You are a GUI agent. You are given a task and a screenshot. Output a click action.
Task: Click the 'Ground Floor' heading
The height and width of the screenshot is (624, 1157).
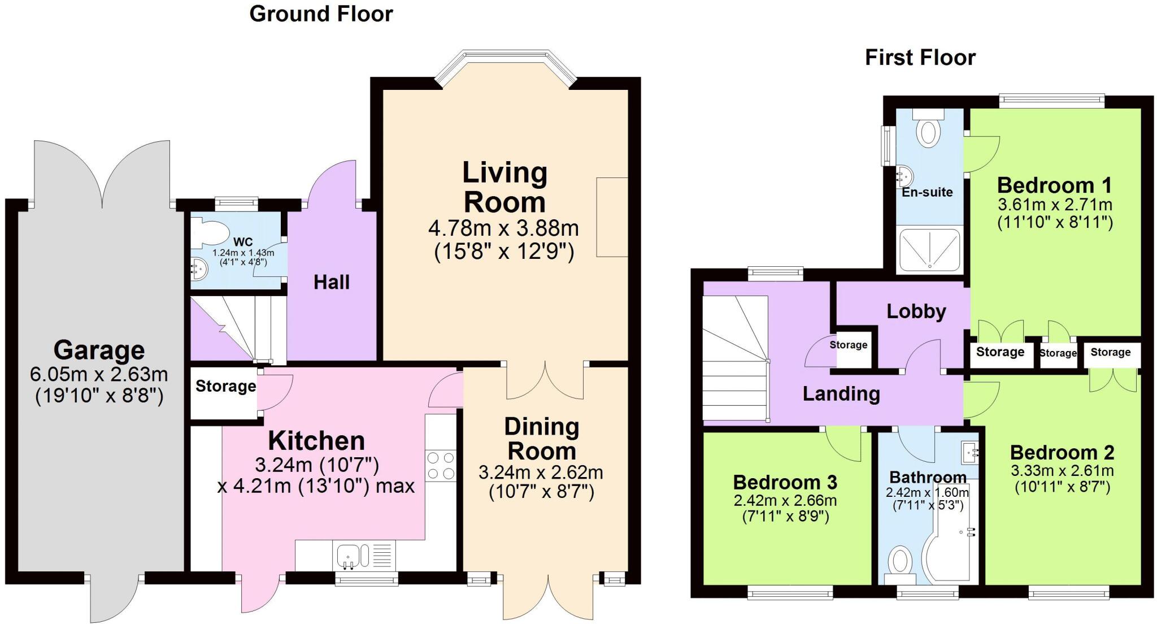[321, 14]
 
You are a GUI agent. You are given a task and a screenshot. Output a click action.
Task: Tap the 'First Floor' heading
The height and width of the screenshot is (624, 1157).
[920, 58]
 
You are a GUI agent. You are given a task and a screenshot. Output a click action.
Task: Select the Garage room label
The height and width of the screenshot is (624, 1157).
[99, 350]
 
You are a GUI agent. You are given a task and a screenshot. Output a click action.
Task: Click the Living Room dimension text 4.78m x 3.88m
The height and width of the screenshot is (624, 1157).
[503, 229]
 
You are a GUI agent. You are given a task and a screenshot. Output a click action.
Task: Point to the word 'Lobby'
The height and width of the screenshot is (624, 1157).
[916, 311]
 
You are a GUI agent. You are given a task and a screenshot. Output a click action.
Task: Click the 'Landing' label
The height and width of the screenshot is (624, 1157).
[841, 393]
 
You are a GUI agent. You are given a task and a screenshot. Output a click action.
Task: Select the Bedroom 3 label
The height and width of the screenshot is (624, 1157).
[785, 482]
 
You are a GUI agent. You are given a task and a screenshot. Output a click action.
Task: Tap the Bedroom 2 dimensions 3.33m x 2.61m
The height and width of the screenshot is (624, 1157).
[1062, 471]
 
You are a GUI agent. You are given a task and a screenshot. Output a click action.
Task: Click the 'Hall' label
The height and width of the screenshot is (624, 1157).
[332, 282]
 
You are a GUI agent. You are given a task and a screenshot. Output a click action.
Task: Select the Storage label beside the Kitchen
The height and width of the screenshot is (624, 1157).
[225, 387]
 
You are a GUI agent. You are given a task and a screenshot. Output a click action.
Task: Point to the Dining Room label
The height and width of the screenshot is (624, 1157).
[541, 439]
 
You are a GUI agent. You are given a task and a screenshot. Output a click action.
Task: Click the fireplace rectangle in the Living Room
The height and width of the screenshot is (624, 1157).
[612, 217]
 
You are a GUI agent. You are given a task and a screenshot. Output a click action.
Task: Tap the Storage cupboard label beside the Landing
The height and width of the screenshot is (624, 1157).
[848, 345]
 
